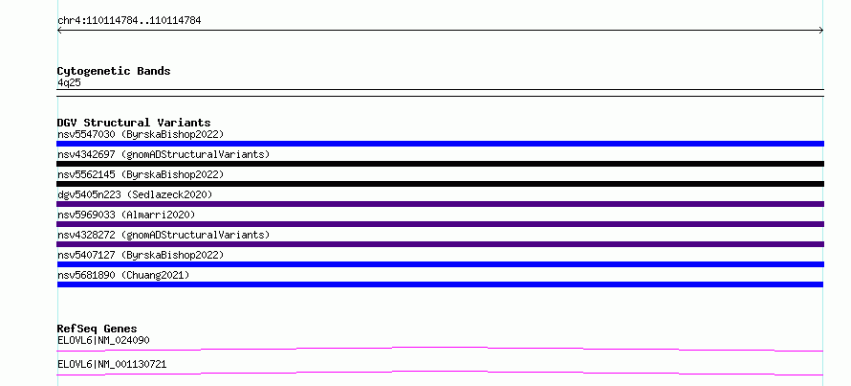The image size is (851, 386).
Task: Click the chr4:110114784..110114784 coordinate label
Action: point(129,21)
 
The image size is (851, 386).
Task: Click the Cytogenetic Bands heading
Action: point(114,71)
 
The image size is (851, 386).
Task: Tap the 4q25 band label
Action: point(69,82)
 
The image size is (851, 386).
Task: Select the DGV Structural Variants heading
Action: point(134,123)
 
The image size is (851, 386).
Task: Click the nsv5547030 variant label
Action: point(141,134)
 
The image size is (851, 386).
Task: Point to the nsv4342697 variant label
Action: point(164,154)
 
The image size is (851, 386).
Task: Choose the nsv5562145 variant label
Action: point(141,174)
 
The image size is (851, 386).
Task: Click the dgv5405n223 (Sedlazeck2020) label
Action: point(135,194)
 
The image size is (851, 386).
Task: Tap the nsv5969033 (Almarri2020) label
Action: point(126,215)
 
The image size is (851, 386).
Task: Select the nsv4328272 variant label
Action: point(164,235)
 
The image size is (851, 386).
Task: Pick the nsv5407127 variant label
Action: point(141,255)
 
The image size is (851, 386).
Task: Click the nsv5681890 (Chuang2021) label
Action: point(123,275)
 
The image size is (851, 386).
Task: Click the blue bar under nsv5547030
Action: point(440,144)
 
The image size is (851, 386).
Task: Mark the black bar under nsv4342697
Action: point(440,164)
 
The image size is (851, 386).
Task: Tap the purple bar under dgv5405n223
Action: point(440,204)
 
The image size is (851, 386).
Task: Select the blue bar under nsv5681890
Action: point(440,284)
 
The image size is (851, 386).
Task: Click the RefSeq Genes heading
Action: point(97,329)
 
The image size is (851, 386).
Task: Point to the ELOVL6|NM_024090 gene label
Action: point(103,341)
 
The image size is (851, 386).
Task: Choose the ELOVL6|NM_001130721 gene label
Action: point(112,365)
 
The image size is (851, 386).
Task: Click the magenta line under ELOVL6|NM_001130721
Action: point(440,373)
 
